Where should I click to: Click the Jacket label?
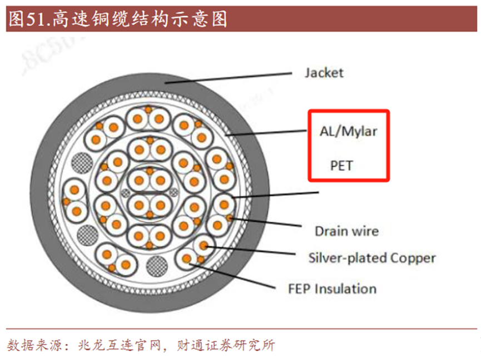click(x=324, y=73)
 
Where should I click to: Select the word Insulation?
click(x=345, y=289)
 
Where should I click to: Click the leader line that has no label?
click(x=278, y=194)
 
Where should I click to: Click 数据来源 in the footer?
click(x=31, y=345)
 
